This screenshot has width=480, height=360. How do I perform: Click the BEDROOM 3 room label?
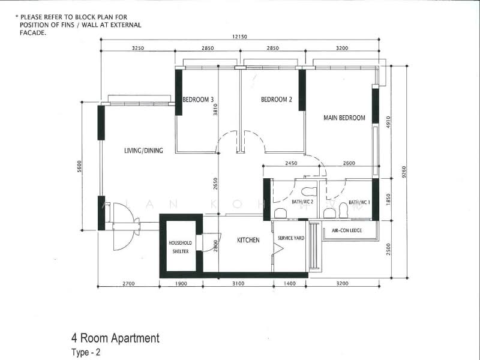pos(198,100)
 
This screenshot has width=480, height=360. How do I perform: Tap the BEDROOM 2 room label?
pos(277,100)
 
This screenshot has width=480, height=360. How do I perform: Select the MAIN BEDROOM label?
pos(344,118)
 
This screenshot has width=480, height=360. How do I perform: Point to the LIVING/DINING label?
pos(143,151)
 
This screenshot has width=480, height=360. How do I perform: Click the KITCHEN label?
pos(248,241)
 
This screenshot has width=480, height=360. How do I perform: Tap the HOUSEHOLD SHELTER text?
pos(181,247)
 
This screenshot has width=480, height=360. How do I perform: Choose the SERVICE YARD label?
pos(291,238)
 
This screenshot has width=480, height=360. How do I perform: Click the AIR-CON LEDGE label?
pos(347,230)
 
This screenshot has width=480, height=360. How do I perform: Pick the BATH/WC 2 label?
pos(302,202)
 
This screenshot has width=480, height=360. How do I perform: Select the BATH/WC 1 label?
pos(359,202)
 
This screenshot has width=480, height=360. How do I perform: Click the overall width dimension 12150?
pos(239,37)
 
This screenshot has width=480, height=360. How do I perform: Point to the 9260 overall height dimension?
pos(404,172)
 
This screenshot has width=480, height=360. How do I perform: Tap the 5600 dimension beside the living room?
pos(79,166)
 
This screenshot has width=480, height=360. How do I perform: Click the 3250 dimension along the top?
pos(138,48)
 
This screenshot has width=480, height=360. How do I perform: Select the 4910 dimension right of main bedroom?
pos(388,122)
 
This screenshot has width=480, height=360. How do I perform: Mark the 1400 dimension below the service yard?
pos(290,284)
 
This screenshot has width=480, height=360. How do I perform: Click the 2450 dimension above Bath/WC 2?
pos(291,163)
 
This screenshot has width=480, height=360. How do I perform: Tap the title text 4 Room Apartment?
pos(115,338)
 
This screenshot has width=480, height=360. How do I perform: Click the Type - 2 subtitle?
pos(86,352)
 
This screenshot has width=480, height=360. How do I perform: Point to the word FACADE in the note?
pos(33,33)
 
